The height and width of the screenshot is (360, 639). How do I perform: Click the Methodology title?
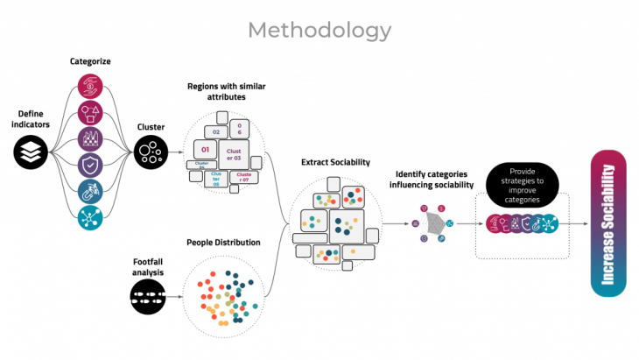(x=319, y=31)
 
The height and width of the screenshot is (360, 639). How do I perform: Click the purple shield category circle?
(x=92, y=166)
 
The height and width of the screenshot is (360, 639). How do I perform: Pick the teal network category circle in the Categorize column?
(x=92, y=218)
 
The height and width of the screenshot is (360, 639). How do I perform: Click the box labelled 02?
(x=209, y=130)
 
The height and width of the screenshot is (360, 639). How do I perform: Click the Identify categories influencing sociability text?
(x=432, y=180)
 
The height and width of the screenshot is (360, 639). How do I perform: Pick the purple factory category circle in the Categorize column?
(x=92, y=139)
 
